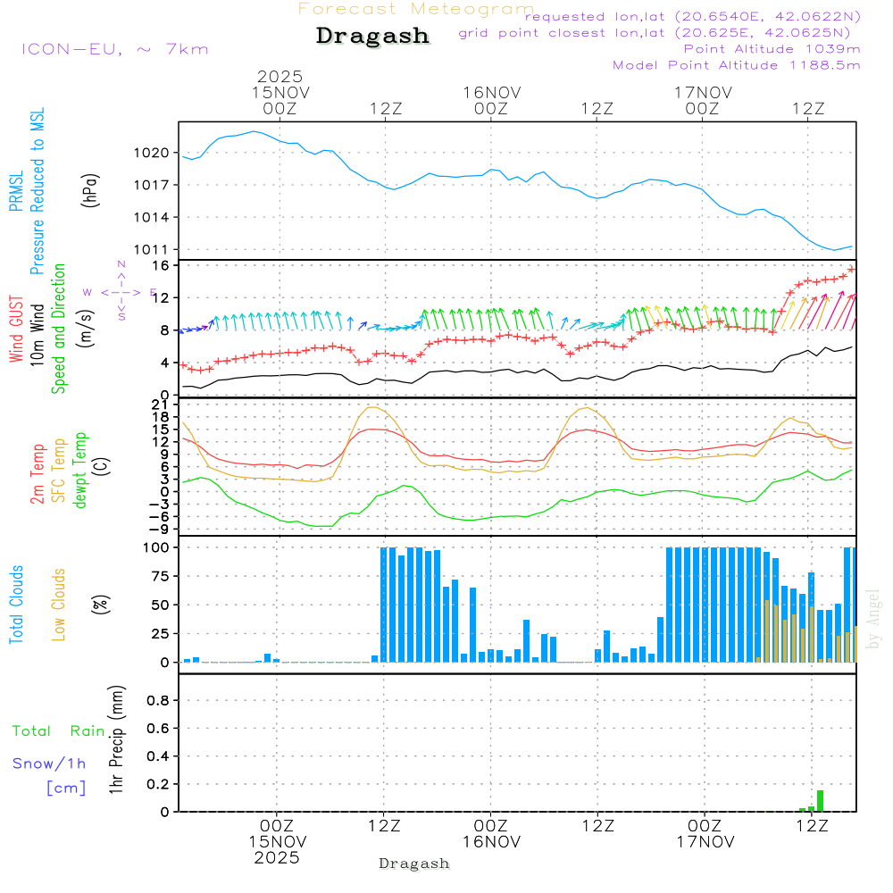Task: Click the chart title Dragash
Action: (372, 37)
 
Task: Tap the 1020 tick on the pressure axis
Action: (153, 153)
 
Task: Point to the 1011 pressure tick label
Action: (153, 250)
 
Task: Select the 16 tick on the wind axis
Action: (160, 266)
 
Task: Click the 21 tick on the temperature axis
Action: (160, 405)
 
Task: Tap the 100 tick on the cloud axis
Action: (156, 547)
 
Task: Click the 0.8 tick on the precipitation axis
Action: (158, 700)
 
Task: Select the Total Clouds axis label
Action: (17, 605)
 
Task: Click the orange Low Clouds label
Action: (59, 605)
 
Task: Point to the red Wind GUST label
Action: (17, 330)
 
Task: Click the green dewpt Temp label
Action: (81, 471)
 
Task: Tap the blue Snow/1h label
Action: (49, 764)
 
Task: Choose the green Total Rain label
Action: (58, 730)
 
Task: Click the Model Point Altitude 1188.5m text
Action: (737, 65)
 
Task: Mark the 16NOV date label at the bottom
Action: (491, 841)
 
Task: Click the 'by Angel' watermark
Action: (873, 619)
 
